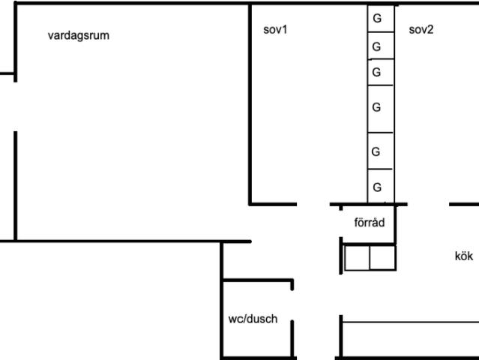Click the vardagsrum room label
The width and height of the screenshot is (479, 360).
(x=79, y=35)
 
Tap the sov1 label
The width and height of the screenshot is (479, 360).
(x=275, y=30)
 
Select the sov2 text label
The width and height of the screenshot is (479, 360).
(x=421, y=30)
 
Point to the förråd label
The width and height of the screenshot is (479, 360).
(x=370, y=222)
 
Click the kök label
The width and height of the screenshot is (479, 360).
(x=464, y=256)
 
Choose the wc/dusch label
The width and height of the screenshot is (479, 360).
(x=253, y=319)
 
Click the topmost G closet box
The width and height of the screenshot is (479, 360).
(x=381, y=18)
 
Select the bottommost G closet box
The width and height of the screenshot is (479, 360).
(x=381, y=186)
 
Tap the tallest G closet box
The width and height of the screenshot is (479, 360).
(x=381, y=109)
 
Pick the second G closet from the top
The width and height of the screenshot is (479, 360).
(x=381, y=46)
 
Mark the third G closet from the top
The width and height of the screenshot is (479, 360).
(x=381, y=72)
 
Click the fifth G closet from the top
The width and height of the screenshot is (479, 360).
(x=381, y=151)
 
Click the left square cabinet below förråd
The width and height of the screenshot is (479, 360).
(x=357, y=257)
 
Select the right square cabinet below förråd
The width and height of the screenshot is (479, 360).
(x=383, y=257)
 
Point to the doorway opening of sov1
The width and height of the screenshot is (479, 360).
(x=313, y=204)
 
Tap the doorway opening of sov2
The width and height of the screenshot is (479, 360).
(x=428, y=204)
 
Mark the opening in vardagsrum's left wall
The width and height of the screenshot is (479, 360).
(x=15, y=106)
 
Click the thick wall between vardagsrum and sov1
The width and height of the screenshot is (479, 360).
(x=250, y=104)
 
